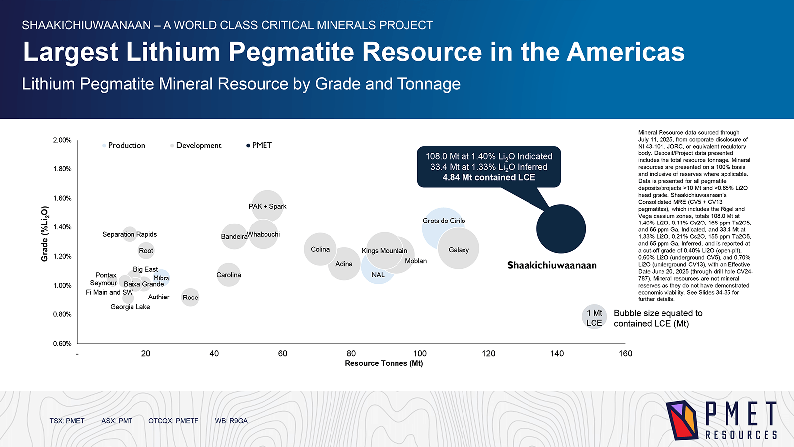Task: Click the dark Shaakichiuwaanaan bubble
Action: pyautogui.click(x=561, y=229)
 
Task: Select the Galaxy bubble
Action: pyautogui.click(x=459, y=248)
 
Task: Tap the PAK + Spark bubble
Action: pyautogui.click(x=267, y=206)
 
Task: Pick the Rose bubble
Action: pyautogui.click(x=190, y=297)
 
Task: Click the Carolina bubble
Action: pyautogui.click(x=228, y=275)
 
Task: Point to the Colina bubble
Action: pyautogui.click(x=320, y=249)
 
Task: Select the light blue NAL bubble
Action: pyautogui.click(x=378, y=275)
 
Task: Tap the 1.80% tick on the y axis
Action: pyautogui.click(x=63, y=169)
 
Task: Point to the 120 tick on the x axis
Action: pyautogui.click(x=488, y=353)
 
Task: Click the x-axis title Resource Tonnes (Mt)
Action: pyautogui.click(x=384, y=363)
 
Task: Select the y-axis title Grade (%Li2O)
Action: pyautogui.click(x=45, y=234)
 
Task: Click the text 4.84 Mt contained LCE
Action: pyautogui.click(x=488, y=177)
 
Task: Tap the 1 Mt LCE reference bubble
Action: pyautogui.click(x=594, y=317)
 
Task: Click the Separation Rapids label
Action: pyautogui.click(x=130, y=234)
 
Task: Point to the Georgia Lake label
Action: pyautogui.click(x=130, y=307)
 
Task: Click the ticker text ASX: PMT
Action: pyautogui.click(x=117, y=421)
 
